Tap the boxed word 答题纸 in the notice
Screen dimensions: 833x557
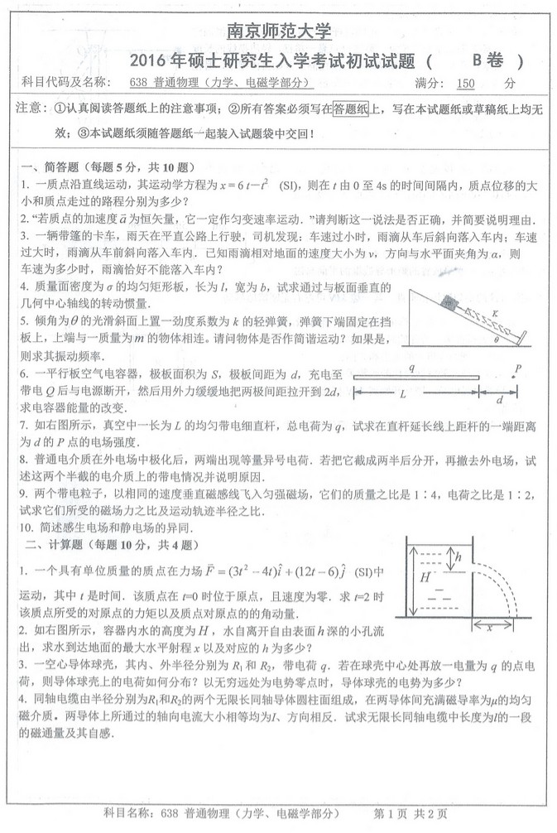pos(349,108)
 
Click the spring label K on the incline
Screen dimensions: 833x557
pos(495,312)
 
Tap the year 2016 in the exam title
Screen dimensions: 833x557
pos(153,60)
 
